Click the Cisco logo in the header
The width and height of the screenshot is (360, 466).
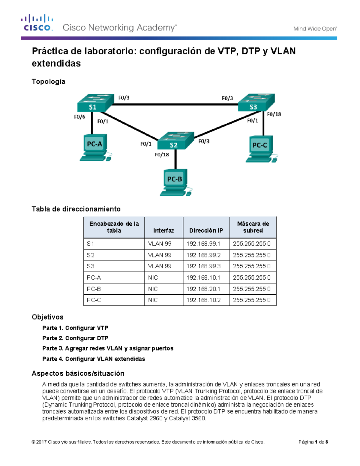pos(37,23)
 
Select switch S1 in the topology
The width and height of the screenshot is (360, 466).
pos(94,104)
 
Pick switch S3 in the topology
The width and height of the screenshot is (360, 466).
pos(256,104)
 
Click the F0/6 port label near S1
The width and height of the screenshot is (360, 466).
pos(79,117)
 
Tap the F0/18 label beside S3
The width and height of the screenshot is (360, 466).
pos(274,114)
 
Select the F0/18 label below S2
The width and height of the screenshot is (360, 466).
pos(162,155)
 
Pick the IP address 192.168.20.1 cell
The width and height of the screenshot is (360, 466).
pos(203,289)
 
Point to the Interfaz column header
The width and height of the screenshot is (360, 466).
pos(163,230)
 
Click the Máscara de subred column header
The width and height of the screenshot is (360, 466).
pos(253,227)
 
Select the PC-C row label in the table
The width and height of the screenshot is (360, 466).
pos(94,300)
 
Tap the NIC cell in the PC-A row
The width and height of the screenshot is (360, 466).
pos(153,278)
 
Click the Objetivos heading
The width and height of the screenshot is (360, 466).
pos(47,317)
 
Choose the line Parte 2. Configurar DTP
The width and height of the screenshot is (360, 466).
pos(75,338)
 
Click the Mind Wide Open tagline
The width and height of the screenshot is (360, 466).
pos(315,29)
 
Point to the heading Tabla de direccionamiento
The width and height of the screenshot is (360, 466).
pos(76,209)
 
